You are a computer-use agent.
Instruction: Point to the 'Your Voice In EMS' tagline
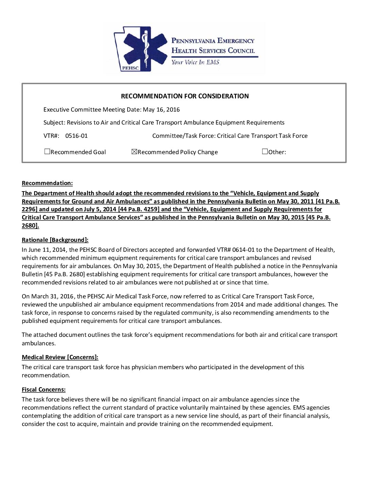point(195,62)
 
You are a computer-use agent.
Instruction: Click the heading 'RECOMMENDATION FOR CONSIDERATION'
point(185,96)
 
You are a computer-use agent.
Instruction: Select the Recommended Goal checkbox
point(47,152)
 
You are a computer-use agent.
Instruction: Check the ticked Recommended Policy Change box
point(134,152)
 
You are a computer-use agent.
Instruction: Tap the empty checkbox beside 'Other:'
point(265,152)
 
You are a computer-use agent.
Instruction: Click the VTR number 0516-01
point(76,136)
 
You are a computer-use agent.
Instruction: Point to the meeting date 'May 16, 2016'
point(161,110)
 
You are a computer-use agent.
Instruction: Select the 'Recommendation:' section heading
point(47,183)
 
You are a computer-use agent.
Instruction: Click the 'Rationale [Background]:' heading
point(55,240)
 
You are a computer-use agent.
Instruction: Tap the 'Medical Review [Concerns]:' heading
point(60,357)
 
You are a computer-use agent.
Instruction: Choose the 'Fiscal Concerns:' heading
point(44,390)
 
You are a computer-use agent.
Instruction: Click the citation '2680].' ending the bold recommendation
point(30,226)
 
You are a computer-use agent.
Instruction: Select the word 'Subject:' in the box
point(54,122)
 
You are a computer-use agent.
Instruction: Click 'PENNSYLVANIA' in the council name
point(194,41)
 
